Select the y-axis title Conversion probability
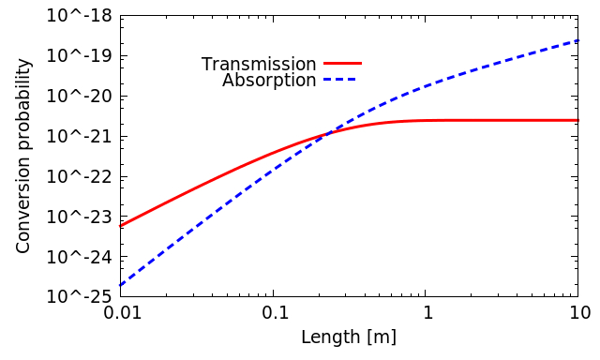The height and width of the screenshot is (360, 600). (x=23, y=156)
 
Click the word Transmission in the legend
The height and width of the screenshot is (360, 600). (x=259, y=65)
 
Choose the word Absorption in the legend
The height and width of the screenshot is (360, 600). (x=269, y=81)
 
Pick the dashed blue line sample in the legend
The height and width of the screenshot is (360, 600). (x=342, y=80)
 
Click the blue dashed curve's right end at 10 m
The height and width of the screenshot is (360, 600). (x=577, y=40)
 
